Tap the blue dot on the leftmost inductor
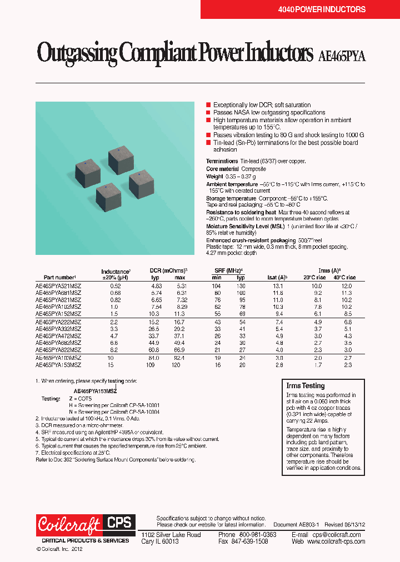pos(84,162)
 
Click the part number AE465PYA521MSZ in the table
pos(58,285)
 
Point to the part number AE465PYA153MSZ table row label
pos(58,365)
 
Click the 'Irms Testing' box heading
pos(305,385)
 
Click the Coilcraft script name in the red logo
pos(69,524)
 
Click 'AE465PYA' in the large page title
pos(342,56)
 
